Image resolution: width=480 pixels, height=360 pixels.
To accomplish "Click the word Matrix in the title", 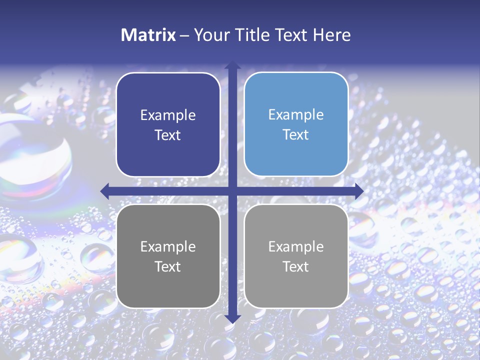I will [148, 35].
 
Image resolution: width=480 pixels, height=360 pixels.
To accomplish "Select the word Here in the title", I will [331, 35].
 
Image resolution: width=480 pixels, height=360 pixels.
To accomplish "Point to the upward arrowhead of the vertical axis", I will [232, 65].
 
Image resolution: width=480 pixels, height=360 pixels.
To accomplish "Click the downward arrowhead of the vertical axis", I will [232, 318].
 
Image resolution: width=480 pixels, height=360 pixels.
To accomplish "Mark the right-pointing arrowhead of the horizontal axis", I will [358, 191].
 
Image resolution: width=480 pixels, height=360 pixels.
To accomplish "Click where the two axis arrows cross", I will [232, 191].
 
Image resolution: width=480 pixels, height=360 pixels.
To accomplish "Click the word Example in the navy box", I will [168, 115].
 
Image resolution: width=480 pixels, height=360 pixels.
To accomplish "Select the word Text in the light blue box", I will [296, 135].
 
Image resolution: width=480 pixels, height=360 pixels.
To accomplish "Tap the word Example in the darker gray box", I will [168, 246].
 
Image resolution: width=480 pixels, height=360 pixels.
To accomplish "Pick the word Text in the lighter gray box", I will [296, 266].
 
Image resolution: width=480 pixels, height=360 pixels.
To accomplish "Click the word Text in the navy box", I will [168, 135].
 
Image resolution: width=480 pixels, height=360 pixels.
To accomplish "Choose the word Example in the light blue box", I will [296, 115].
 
